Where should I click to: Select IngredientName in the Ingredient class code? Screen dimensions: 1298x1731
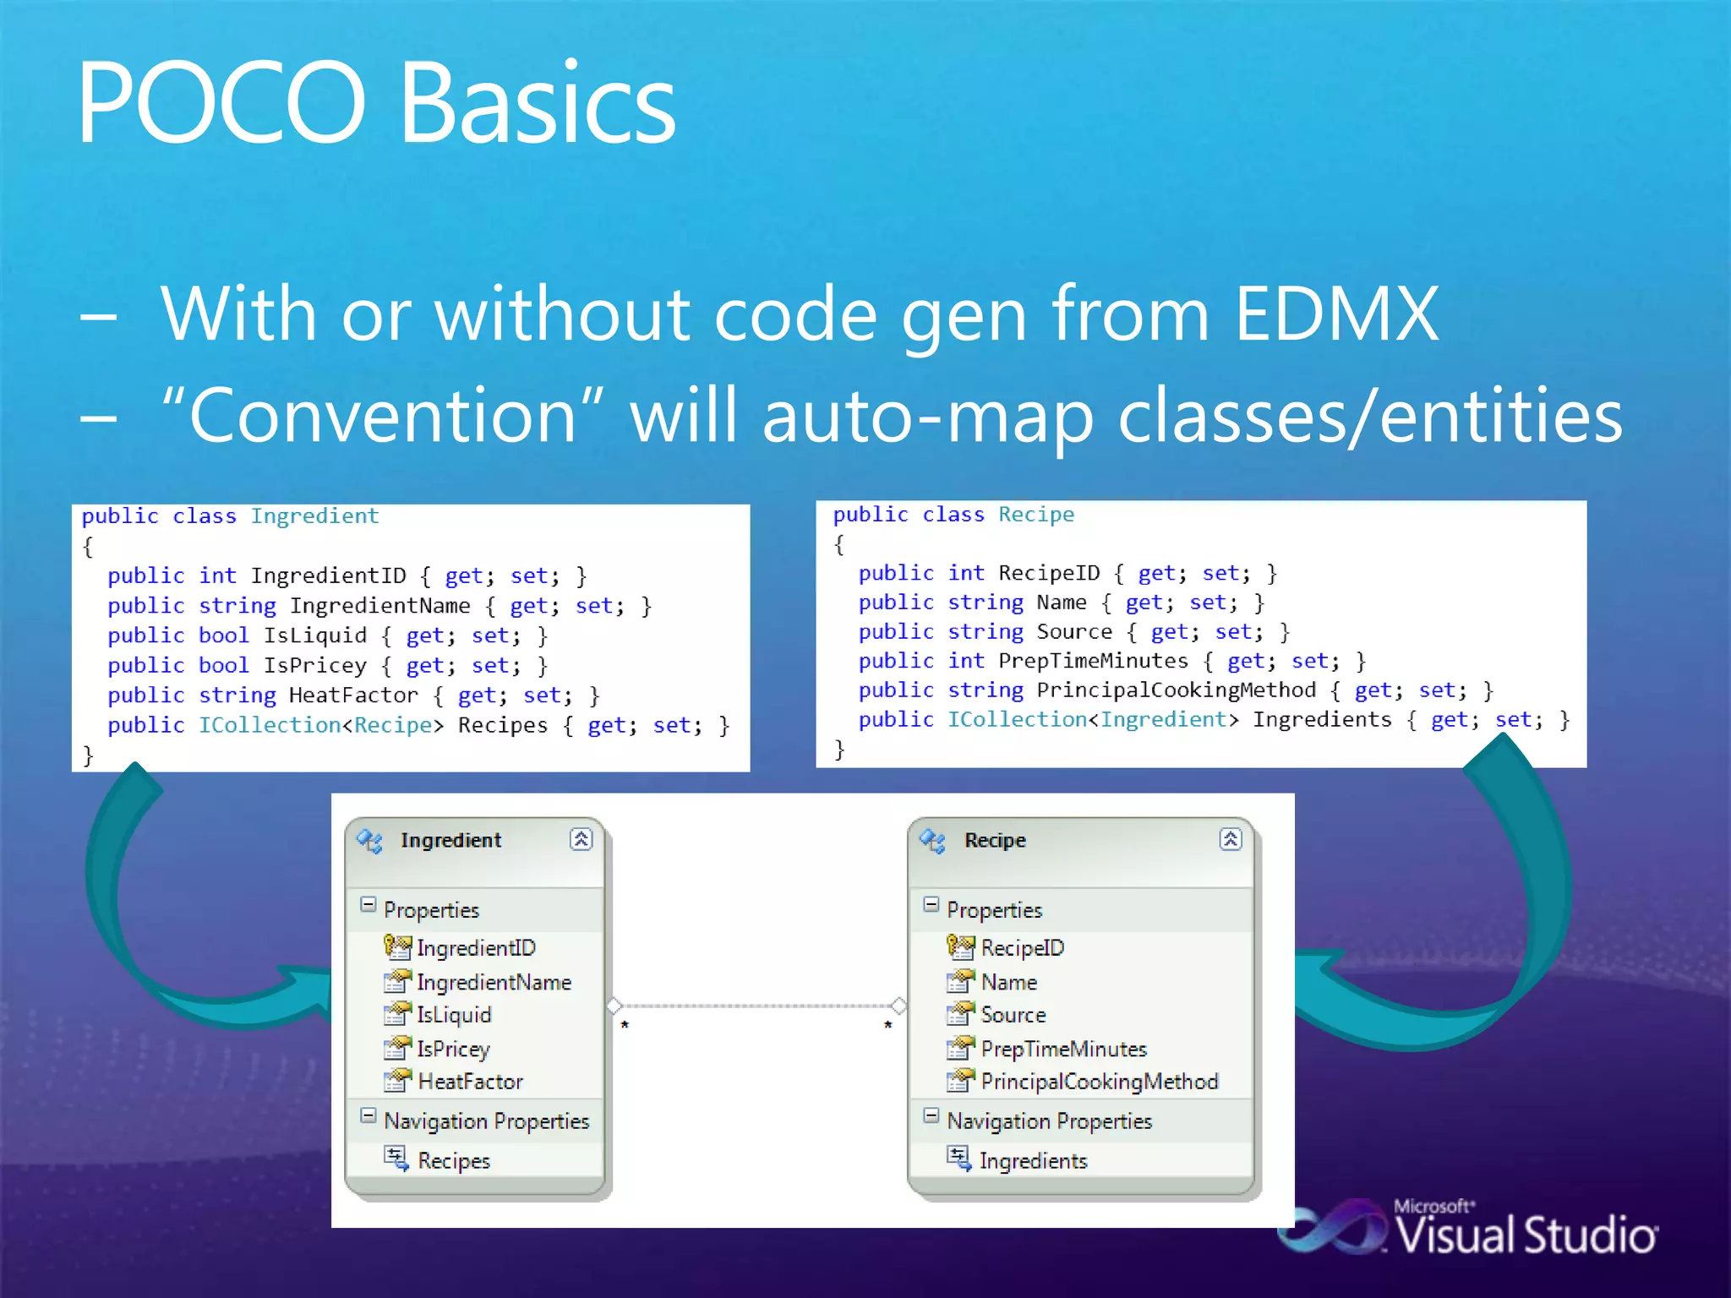pos(380,606)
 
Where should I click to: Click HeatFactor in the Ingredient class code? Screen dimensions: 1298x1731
pos(353,695)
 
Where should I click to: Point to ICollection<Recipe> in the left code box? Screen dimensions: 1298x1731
pos(320,726)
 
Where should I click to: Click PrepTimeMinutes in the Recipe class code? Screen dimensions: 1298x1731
pos(1093,661)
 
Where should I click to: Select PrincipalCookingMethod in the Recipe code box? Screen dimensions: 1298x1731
pos(1176,690)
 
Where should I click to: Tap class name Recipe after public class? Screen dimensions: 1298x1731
pos(1035,515)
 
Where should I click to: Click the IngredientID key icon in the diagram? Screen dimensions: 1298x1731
pos(397,947)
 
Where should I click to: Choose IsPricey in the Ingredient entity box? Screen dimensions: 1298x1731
pos(453,1049)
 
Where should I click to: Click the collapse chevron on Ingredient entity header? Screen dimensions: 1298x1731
pos(582,839)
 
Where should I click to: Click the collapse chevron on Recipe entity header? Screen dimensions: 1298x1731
pos(1230,839)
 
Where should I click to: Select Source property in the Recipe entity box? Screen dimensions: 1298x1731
pos(1013,1015)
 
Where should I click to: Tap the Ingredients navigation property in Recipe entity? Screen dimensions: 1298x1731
pos(1032,1161)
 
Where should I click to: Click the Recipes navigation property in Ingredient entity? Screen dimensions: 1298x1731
pos(453,1161)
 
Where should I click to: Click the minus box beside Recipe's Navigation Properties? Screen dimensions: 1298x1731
pos(931,1116)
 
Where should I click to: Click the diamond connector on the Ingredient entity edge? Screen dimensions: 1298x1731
pos(614,1006)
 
